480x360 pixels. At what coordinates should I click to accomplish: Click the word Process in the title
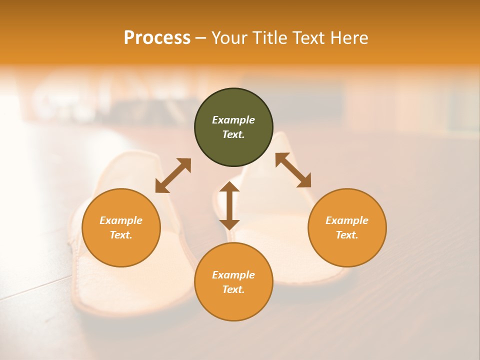(x=157, y=38)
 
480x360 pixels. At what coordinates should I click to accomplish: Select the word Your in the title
(x=230, y=38)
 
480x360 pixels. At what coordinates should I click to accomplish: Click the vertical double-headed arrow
(x=229, y=205)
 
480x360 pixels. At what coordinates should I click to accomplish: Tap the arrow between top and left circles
(x=173, y=175)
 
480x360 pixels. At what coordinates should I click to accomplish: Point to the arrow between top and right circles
(x=293, y=170)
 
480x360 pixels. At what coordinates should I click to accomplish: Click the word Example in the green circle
(x=233, y=120)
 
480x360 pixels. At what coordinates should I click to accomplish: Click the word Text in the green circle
(x=233, y=134)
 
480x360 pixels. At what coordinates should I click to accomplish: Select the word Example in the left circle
(x=121, y=220)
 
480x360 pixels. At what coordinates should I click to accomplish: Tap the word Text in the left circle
(x=121, y=235)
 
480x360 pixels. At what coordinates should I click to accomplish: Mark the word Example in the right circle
(x=347, y=220)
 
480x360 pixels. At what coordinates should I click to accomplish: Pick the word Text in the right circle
(x=346, y=235)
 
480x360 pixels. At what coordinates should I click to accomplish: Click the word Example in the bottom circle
(x=233, y=275)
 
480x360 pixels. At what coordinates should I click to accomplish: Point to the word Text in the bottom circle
(x=233, y=289)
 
